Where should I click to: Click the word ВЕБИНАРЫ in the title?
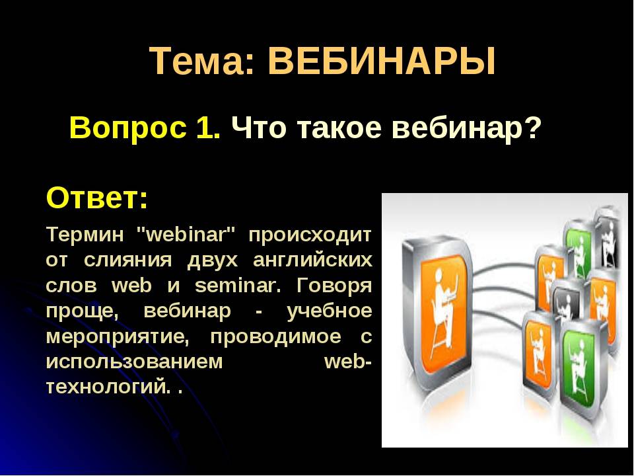coord(381,61)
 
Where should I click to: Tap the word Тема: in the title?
coord(203,61)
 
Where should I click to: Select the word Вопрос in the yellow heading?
coord(128,128)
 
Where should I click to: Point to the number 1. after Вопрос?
coord(208,127)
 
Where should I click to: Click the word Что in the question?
coord(259,127)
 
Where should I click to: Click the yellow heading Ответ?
coord(97,198)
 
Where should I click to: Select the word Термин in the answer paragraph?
coord(85,234)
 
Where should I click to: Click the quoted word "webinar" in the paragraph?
coord(186,234)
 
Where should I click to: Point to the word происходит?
coord(310,235)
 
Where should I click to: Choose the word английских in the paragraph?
coord(312,260)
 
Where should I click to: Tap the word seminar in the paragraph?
coord(238,286)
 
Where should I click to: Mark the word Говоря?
coord(334,286)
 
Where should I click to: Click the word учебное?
coord(329,311)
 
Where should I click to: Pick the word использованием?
coord(134,362)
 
